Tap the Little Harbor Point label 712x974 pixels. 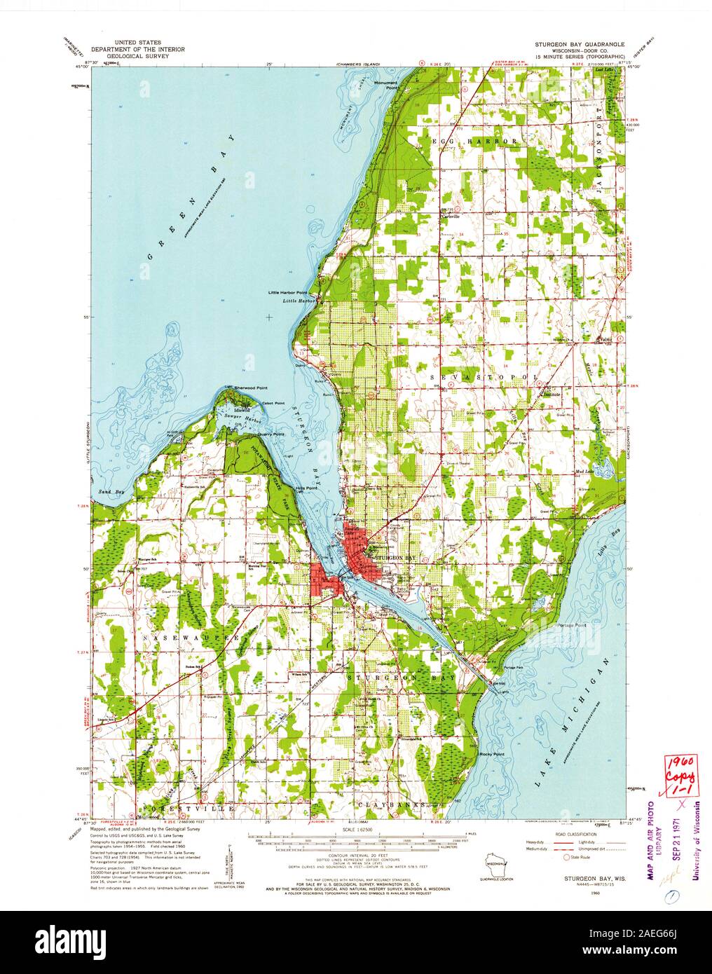(287, 292)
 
